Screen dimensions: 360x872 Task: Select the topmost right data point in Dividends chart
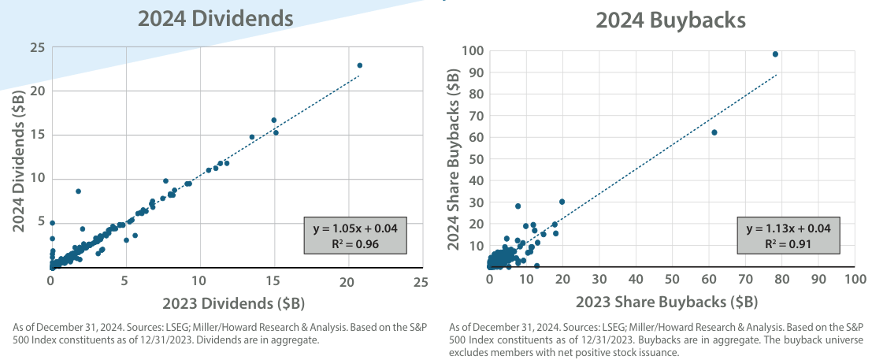[360, 65]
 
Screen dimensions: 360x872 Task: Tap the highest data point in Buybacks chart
[775, 54]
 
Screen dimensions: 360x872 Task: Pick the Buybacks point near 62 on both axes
[714, 132]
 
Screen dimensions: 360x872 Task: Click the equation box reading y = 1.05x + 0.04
[354, 234]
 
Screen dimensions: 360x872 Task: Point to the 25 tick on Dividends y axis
[36, 48]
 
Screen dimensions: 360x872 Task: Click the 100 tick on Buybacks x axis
[855, 280]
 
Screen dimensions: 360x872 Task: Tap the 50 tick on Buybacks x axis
[672, 280]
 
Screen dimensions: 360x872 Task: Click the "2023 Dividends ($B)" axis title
[234, 303]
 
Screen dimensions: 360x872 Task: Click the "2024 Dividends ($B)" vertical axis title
[17, 157]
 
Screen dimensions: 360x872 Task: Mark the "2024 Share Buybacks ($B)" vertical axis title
[455, 157]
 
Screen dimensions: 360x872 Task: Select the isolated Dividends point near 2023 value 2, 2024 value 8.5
[78, 191]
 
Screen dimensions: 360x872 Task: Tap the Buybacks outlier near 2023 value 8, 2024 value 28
[518, 206]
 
